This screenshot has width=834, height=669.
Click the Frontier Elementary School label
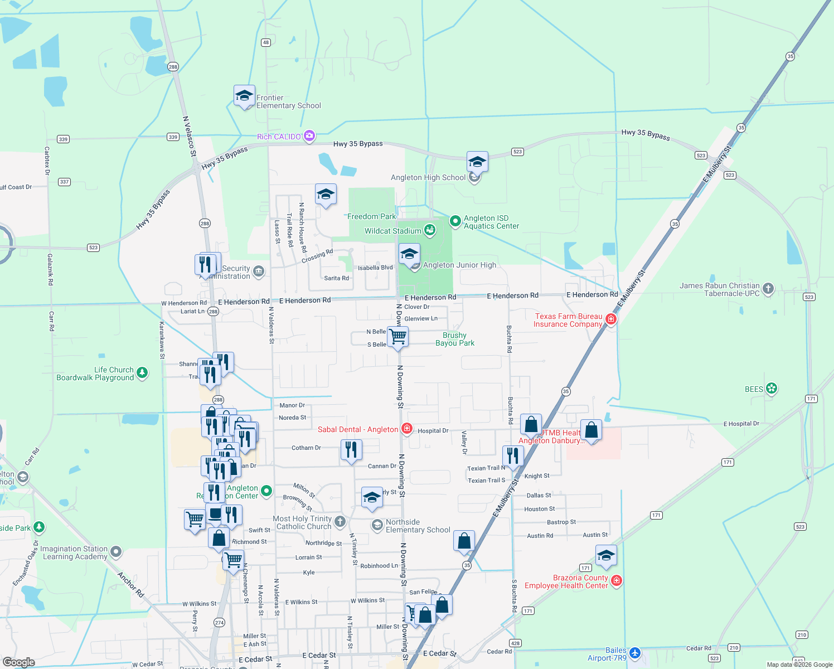288,101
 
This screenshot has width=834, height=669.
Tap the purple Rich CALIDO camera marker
309,136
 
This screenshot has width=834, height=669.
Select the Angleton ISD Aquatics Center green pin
455,221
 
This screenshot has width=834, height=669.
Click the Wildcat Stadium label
393,231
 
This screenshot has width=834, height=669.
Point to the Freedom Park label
371,216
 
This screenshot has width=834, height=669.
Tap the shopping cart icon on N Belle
397,337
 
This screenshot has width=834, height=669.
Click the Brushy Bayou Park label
455,339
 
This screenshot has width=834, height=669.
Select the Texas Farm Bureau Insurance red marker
611,319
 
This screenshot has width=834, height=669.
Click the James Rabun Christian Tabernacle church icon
768,288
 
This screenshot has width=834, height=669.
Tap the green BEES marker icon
772,389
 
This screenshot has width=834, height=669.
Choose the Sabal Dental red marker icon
407,429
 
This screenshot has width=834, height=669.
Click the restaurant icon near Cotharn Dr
351,449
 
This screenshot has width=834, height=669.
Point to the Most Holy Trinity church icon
340,522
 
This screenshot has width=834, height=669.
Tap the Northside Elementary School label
418,526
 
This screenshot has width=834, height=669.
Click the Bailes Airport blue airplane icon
634,653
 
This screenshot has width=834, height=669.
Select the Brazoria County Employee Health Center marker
616,581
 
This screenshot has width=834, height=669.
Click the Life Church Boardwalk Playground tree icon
142,372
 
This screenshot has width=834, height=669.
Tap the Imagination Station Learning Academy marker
116,552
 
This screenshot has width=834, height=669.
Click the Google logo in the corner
18,662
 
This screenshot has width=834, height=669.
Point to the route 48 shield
266,42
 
